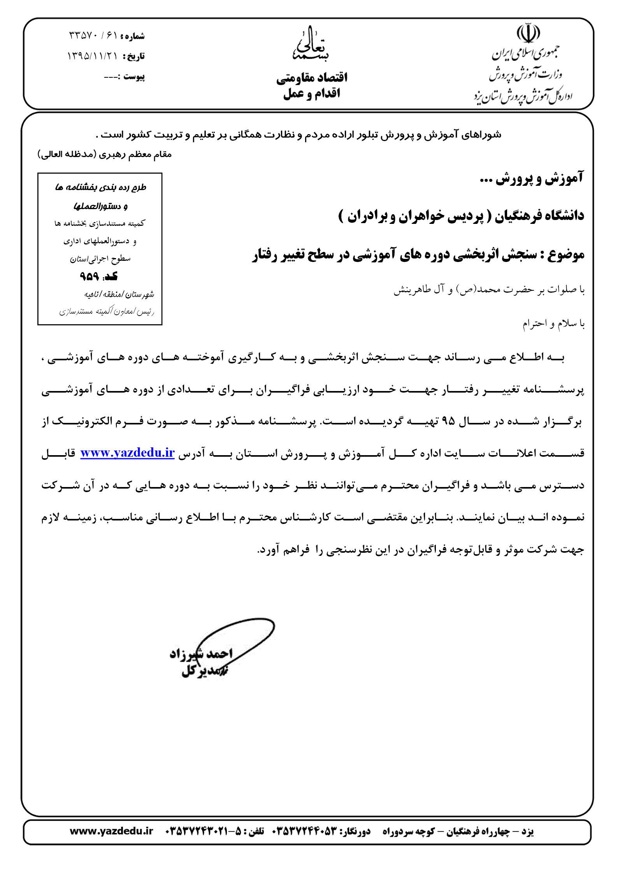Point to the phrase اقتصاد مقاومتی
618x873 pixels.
312,78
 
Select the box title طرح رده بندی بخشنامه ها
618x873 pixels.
100,187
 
